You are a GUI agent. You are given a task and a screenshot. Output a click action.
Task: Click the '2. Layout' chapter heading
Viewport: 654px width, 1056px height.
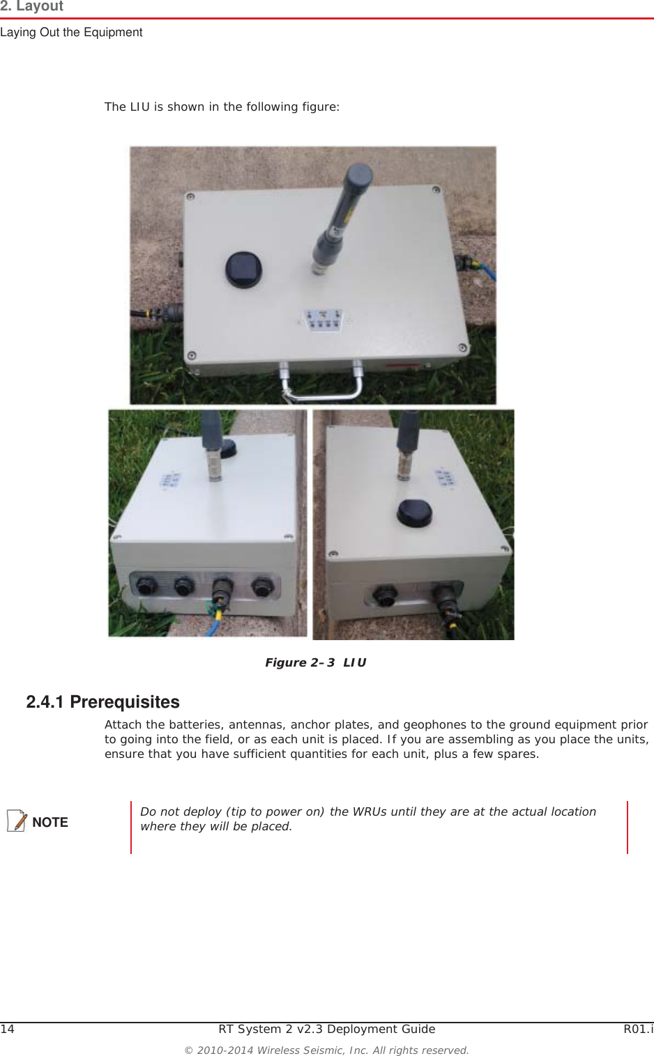(32, 6)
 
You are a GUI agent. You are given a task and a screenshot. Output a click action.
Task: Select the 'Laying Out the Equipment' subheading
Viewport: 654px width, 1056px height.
(71, 32)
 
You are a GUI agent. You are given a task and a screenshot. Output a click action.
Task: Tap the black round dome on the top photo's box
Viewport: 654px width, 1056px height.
(243, 269)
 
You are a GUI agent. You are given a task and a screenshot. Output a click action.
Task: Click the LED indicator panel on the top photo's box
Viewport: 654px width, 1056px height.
(322, 321)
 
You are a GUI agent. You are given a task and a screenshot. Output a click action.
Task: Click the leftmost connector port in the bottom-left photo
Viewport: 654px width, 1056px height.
(146, 587)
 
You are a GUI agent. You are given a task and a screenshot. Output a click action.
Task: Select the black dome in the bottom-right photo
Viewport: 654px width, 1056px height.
(414, 513)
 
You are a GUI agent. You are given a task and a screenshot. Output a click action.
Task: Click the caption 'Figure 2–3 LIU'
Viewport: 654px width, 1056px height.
(315, 662)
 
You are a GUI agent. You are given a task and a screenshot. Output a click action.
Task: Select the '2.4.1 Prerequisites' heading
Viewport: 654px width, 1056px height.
(102, 701)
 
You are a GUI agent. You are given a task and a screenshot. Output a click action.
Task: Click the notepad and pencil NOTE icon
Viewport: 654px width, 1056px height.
(17, 821)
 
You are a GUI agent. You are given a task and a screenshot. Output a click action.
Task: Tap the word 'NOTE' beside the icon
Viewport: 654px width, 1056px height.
(50, 822)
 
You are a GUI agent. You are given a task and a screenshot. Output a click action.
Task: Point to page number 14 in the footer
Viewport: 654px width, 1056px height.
(7, 1029)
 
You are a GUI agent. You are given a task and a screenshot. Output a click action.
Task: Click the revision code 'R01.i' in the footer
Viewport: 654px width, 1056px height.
(638, 1029)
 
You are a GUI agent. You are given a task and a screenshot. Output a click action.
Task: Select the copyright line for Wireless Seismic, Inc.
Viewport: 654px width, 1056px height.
(326, 1050)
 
